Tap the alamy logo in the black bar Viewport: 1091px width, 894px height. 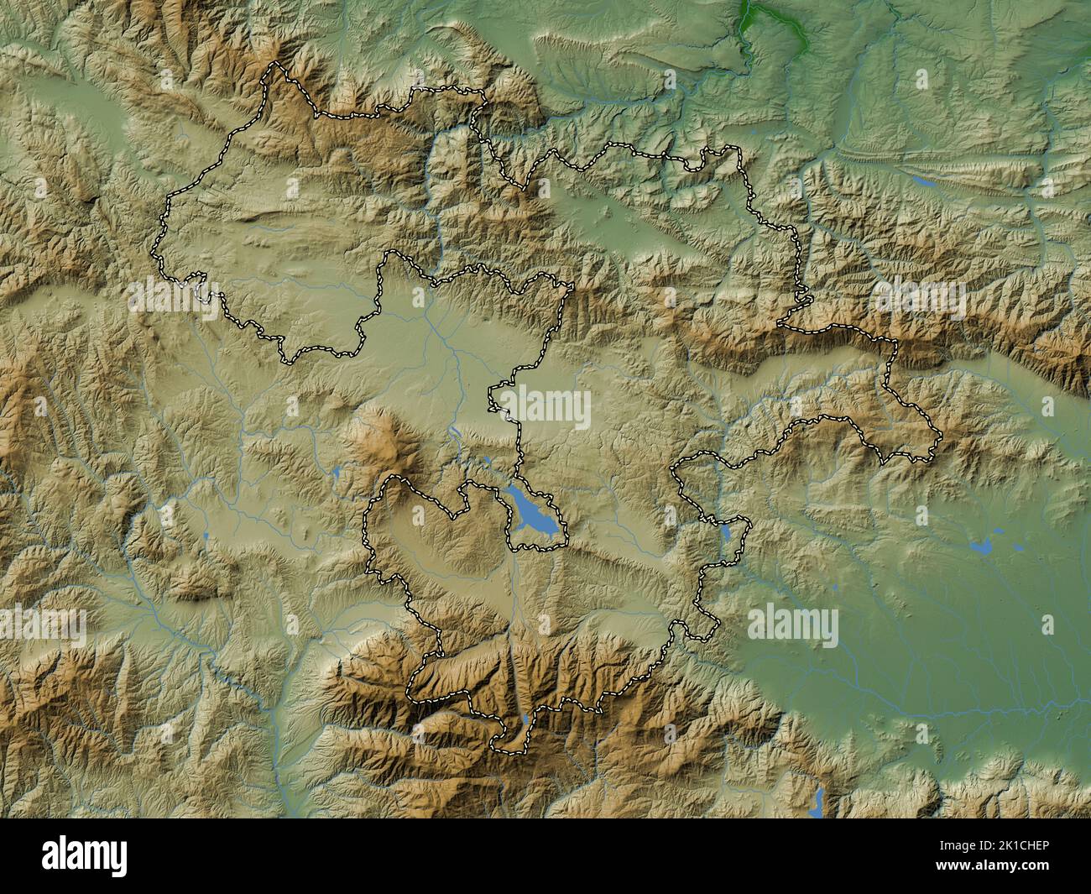pos(85,855)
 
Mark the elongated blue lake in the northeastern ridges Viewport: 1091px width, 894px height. pos(924,180)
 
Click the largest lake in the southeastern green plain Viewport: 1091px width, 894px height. pos(980,547)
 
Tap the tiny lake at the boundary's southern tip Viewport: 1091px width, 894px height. pos(525,720)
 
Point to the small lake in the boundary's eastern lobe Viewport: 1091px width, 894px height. pos(725,531)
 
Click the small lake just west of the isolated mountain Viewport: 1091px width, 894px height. pos(338,473)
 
